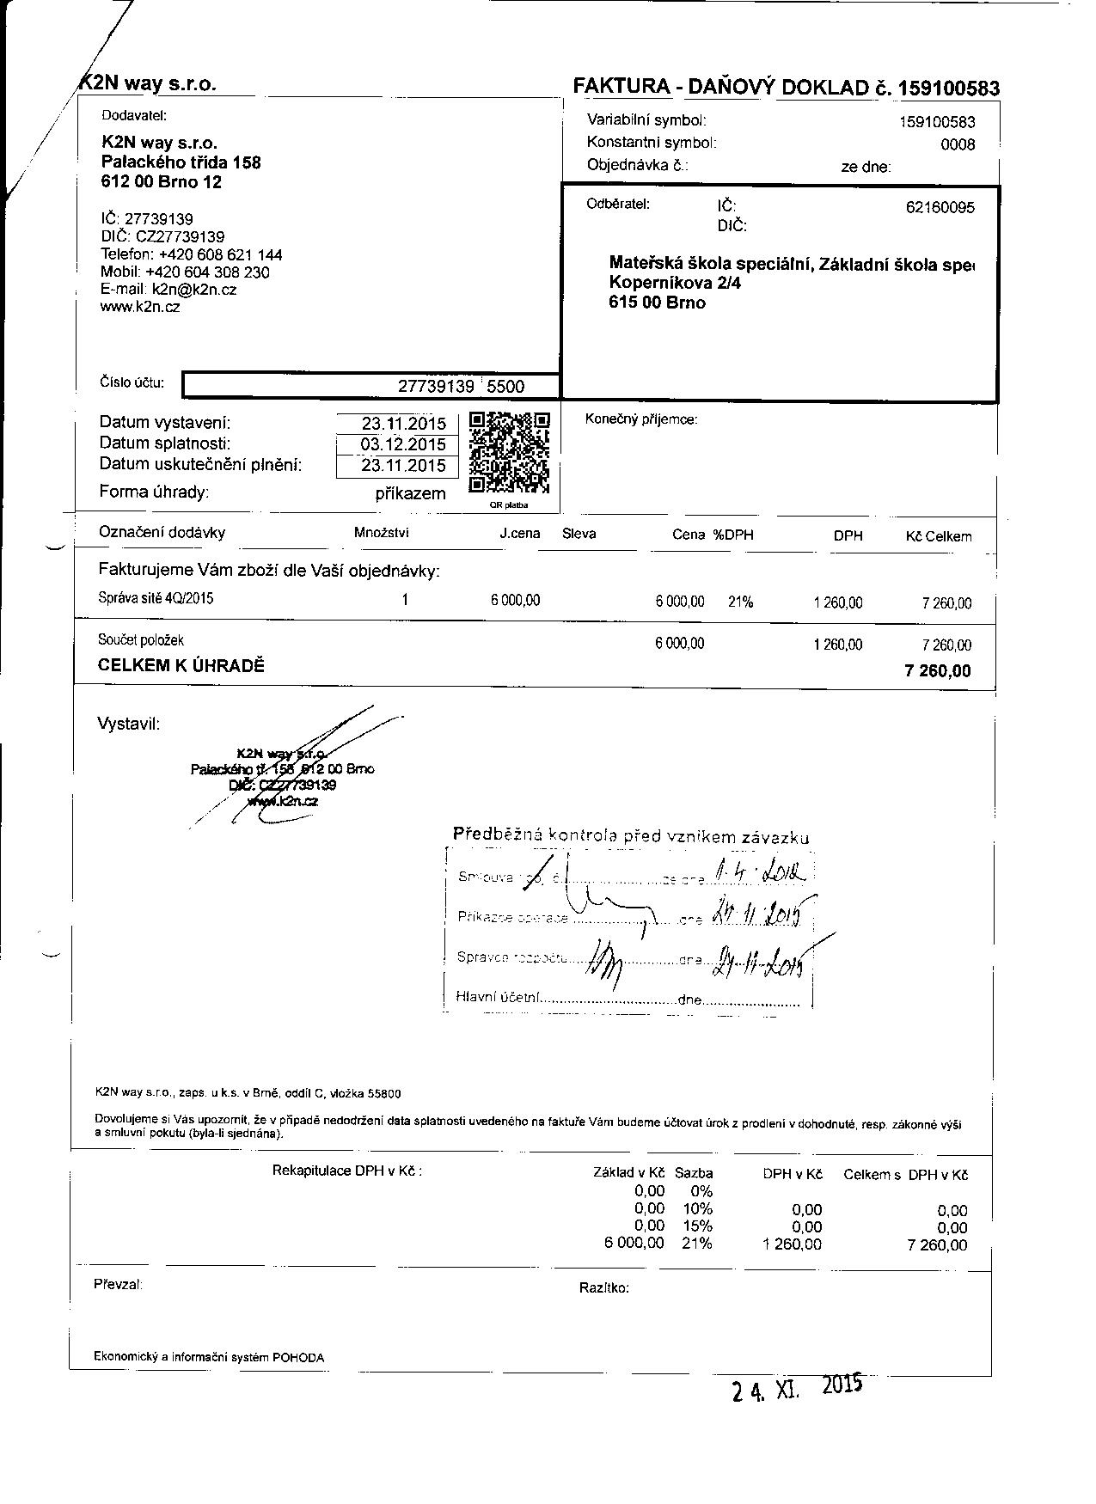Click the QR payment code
pyautogui.click(x=509, y=453)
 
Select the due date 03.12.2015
pyautogui.click(x=403, y=444)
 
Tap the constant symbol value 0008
pyautogui.click(x=958, y=144)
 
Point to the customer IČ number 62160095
pyautogui.click(x=940, y=207)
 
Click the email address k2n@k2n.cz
pyautogui.click(x=194, y=290)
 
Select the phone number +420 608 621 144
pyautogui.click(x=220, y=254)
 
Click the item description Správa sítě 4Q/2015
pyautogui.click(x=156, y=599)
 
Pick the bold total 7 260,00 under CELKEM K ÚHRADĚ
pyautogui.click(x=938, y=670)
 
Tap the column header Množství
pyautogui.click(x=381, y=533)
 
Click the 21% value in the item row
pyautogui.click(x=740, y=602)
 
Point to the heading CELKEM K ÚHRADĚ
pyautogui.click(x=181, y=665)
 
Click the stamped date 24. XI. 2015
pyautogui.click(x=796, y=1389)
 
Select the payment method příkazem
pyautogui.click(x=410, y=493)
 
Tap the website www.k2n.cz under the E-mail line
pyautogui.click(x=140, y=307)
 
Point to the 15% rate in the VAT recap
pyautogui.click(x=701, y=1226)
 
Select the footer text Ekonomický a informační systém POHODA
pyautogui.click(x=209, y=1358)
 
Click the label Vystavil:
pyautogui.click(x=129, y=724)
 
